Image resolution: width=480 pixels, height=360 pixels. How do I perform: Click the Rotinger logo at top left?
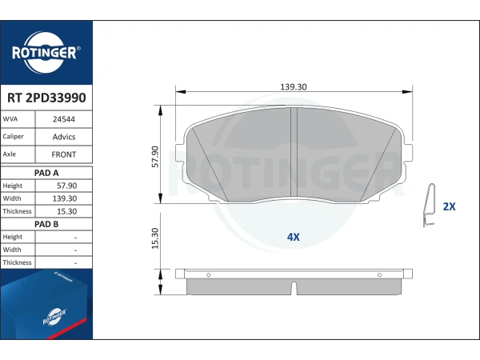pyautogui.click(x=46, y=52)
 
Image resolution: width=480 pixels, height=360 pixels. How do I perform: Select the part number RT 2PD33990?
pyautogui.click(x=46, y=98)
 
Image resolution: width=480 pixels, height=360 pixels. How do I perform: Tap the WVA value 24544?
pyautogui.click(x=64, y=119)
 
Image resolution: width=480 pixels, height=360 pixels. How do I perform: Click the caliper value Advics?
pyautogui.click(x=64, y=137)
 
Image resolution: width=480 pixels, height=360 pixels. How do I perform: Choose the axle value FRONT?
pyautogui.click(x=64, y=154)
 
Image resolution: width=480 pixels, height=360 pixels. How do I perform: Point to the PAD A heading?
pyautogui.click(x=46, y=173)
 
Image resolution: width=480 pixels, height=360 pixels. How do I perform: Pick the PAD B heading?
pyautogui.click(x=46, y=224)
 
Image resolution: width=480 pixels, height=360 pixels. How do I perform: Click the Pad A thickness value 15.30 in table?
pyautogui.click(x=66, y=211)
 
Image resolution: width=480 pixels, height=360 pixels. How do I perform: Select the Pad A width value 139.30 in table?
pyautogui.click(x=65, y=198)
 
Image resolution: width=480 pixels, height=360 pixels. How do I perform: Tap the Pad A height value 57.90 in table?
pyautogui.click(x=66, y=186)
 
